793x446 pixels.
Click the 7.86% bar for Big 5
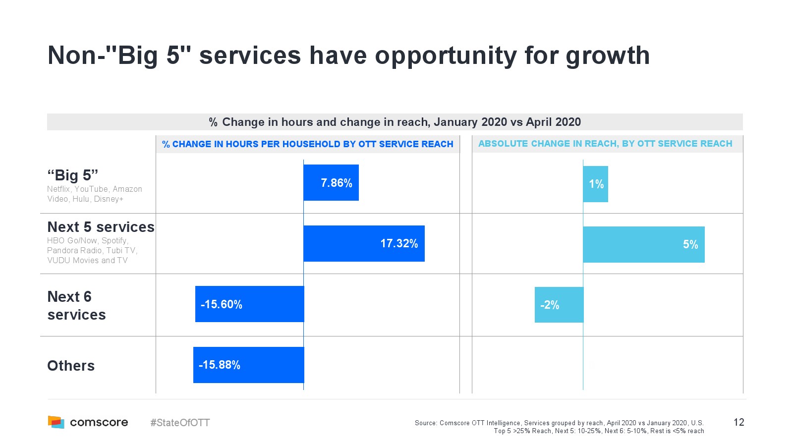point(331,183)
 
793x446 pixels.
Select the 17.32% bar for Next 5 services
point(364,243)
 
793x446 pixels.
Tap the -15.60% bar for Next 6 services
point(249,304)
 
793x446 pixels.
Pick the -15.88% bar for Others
point(248,365)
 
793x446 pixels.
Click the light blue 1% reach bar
point(595,184)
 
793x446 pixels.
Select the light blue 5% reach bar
point(643,244)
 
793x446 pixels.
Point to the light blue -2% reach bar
point(559,305)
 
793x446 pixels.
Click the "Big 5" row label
point(73,175)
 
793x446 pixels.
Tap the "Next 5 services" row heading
point(101,227)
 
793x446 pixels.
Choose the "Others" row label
point(71,366)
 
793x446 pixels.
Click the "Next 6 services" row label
point(76,305)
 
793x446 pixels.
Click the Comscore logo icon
point(56,422)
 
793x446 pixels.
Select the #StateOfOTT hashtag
point(180,423)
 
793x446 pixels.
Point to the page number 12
point(738,422)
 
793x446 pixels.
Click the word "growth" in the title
point(607,56)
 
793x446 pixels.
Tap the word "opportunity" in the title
point(446,56)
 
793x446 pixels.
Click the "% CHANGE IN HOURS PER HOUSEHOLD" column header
point(308,144)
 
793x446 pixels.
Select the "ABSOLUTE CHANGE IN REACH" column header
point(605,144)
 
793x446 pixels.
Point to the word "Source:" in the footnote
point(426,423)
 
